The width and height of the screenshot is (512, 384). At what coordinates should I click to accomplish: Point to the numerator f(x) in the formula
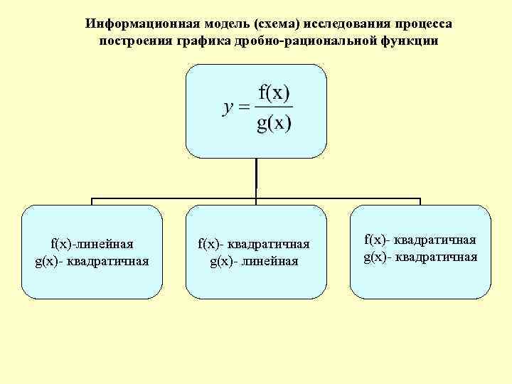point(274,93)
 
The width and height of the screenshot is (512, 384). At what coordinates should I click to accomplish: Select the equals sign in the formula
point(244,109)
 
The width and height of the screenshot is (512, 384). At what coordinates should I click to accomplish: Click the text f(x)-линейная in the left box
point(92,244)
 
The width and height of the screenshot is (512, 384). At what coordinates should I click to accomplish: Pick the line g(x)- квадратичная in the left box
point(92,260)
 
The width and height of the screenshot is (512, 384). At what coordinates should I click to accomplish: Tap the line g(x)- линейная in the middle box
point(254,260)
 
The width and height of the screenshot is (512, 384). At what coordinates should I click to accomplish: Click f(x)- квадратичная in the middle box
point(254,244)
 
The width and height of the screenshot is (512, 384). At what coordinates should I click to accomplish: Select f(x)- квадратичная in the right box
point(420,240)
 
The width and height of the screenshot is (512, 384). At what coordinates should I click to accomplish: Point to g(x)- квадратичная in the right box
point(420,257)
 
